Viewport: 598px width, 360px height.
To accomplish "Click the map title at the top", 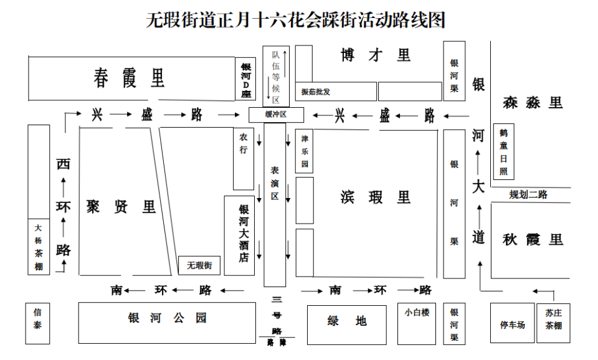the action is (295, 20).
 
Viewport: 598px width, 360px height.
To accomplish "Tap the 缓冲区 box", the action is (276, 115).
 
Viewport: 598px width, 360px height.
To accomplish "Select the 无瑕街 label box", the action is (199, 265).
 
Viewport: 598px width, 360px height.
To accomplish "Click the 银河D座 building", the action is (245, 79).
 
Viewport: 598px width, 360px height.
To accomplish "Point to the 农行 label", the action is (244, 143).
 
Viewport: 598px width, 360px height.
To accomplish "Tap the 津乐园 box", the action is (305, 151).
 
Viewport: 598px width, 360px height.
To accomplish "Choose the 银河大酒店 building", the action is (239, 235).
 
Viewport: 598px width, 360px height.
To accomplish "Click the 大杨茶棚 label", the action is (39, 247).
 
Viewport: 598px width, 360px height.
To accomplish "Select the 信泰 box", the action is (37, 323).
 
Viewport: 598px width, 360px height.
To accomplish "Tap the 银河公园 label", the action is (167, 318).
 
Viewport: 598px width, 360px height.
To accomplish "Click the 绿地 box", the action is (347, 325).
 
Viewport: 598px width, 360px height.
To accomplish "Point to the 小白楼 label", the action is (417, 312).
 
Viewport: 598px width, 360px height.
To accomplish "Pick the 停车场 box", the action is (512, 323).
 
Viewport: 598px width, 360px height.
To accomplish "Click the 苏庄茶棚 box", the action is (553, 323).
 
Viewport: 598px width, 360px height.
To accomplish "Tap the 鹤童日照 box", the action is (504, 151).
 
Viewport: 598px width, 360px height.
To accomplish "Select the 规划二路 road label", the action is (528, 194).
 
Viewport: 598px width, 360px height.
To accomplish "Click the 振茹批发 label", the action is (315, 92).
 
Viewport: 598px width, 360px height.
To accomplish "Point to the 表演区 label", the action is (275, 183).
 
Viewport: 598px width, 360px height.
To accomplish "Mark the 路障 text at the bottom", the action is (277, 343).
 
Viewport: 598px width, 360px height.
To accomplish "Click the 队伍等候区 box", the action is (276, 76).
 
